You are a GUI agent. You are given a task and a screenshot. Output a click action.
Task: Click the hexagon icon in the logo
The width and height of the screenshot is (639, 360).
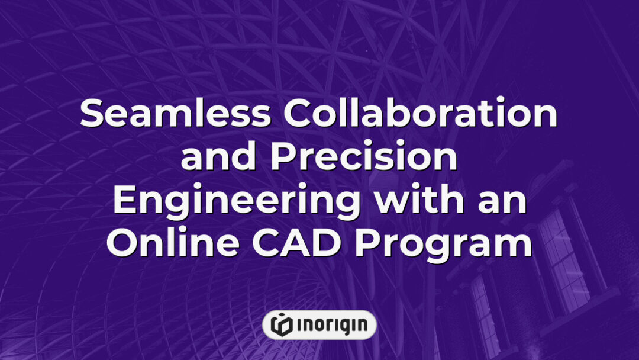point(282,324)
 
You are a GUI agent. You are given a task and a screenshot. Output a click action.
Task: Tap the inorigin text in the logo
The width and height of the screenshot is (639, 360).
point(330,324)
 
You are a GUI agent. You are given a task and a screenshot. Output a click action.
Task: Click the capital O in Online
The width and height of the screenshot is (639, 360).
point(121,243)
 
